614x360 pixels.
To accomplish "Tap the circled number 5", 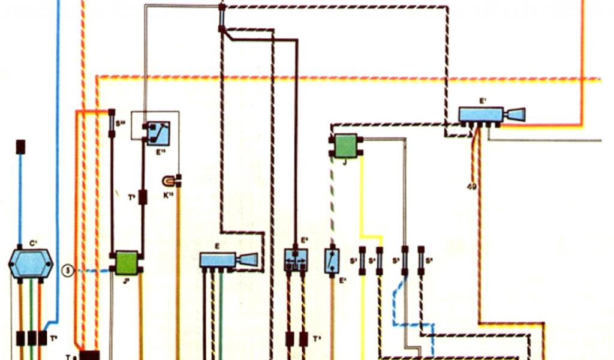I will click(68, 271).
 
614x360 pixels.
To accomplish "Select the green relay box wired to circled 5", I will click(127, 262).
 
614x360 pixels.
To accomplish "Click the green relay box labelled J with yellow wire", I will click(346, 146).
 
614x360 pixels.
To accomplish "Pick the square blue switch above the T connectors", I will click(296, 259).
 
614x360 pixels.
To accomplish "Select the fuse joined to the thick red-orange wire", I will click(112, 124).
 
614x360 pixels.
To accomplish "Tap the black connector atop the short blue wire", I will click(20, 146).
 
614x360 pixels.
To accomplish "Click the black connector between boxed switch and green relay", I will click(143, 197).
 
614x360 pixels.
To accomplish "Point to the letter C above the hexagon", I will click(34, 244).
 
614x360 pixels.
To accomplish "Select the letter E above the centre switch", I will click(217, 246).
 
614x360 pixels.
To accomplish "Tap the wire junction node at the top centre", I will click(221, 7).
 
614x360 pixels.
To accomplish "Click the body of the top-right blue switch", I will click(480, 114).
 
